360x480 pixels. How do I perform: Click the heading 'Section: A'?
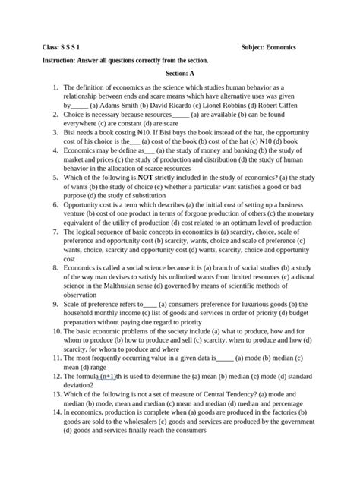click(179, 73)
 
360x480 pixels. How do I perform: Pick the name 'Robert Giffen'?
click(295, 106)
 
